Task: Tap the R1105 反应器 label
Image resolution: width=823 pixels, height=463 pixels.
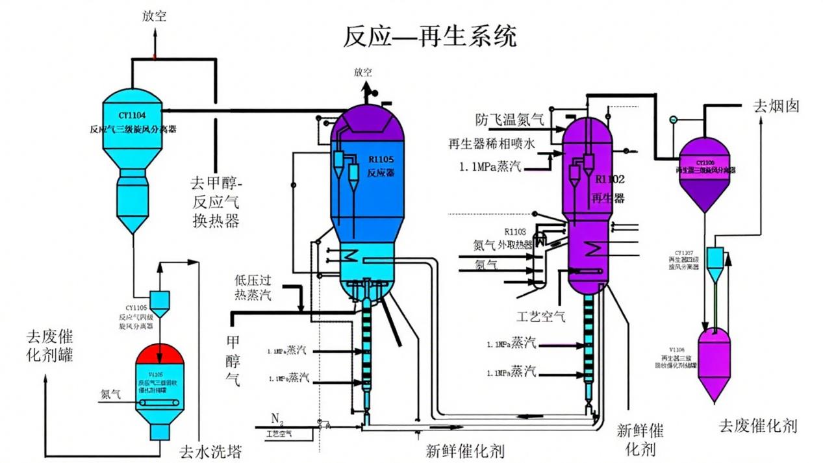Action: point(382,166)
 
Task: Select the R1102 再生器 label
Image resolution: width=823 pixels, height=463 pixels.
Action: point(607,188)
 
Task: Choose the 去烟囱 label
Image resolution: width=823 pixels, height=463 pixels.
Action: point(776,106)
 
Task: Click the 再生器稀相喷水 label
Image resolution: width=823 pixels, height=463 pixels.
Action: point(491,144)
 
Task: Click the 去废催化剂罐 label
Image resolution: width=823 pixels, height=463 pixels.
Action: point(49,345)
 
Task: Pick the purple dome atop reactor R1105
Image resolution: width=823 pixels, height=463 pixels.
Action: point(368,130)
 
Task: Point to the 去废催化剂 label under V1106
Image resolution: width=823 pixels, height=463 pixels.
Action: point(757,426)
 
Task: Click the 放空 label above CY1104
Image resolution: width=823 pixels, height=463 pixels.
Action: point(155,16)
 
